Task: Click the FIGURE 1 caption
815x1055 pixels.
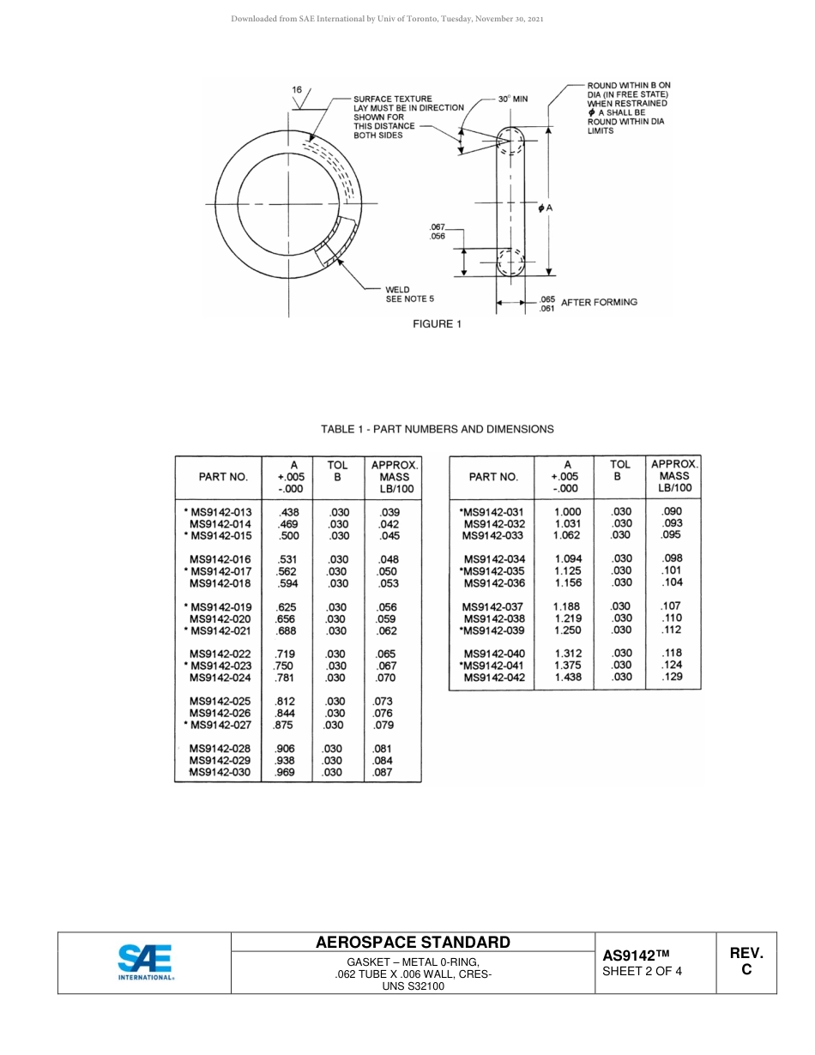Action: [438, 324]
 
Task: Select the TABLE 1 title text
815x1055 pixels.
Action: [438, 429]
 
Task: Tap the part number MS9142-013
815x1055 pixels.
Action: [220, 512]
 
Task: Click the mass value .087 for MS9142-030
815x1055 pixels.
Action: [383, 772]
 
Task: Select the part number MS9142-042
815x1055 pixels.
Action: [493, 678]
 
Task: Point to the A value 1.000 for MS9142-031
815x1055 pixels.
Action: [567, 512]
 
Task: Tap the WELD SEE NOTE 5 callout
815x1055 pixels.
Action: [410, 294]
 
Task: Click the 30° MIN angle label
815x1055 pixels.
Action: [513, 99]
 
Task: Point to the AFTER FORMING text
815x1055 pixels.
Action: [599, 302]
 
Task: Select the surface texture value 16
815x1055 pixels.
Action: [297, 90]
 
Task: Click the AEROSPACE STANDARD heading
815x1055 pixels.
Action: [413, 942]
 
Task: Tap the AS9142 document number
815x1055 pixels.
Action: [635, 956]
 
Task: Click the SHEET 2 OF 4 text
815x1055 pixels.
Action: [643, 972]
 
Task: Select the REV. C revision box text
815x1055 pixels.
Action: [746, 962]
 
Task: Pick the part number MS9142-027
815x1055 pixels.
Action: [220, 725]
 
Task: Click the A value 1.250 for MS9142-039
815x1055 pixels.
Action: [567, 630]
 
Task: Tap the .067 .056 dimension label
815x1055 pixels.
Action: [438, 231]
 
